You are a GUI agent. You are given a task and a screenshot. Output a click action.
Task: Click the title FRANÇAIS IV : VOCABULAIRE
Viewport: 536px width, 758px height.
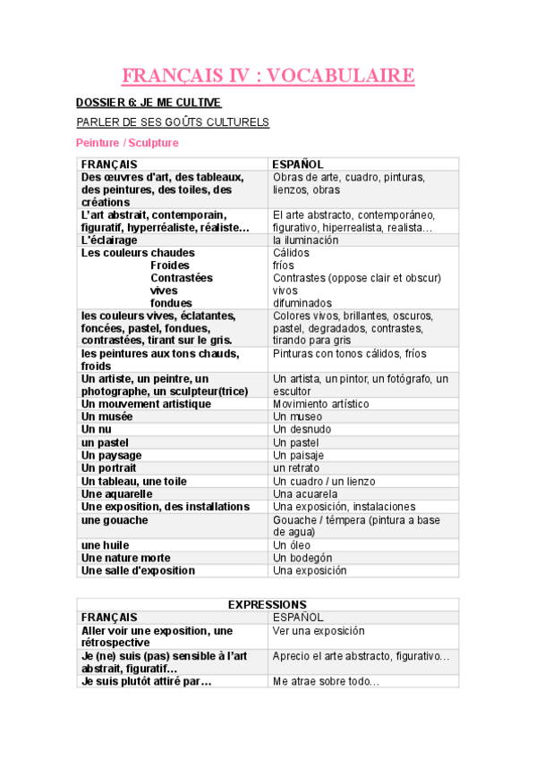click(x=268, y=76)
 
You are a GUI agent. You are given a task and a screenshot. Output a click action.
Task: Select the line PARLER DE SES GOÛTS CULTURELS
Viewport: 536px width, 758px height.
click(x=173, y=122)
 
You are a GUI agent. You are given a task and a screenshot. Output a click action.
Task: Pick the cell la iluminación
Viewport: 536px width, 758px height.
click(x=306, y=240)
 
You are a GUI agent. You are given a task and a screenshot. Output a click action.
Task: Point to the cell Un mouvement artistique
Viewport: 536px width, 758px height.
click(x=146, y=404)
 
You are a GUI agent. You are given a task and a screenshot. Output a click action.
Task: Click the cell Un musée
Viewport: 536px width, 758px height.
click(x=106, y=417)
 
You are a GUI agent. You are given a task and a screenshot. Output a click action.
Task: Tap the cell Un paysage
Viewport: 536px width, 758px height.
click(x=111, y=455)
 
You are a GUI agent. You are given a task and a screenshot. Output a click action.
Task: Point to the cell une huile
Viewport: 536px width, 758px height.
click(x=105, y=545)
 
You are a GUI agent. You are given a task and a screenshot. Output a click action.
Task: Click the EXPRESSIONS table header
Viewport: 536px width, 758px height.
click(x=268, y=605)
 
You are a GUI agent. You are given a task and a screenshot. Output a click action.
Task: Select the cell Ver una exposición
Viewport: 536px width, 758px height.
click(x=319, y=630)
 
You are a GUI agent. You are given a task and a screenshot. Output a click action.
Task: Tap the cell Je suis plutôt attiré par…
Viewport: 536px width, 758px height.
click(x=147, y=681)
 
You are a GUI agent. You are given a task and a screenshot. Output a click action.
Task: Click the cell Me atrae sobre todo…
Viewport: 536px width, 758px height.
click(x=326, y=682)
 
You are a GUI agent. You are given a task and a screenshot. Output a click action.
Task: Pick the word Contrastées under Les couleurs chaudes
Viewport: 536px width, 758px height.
click(x=182, y=278)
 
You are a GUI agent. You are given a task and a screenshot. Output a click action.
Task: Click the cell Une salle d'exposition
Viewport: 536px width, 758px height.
click(x=138, y=570)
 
